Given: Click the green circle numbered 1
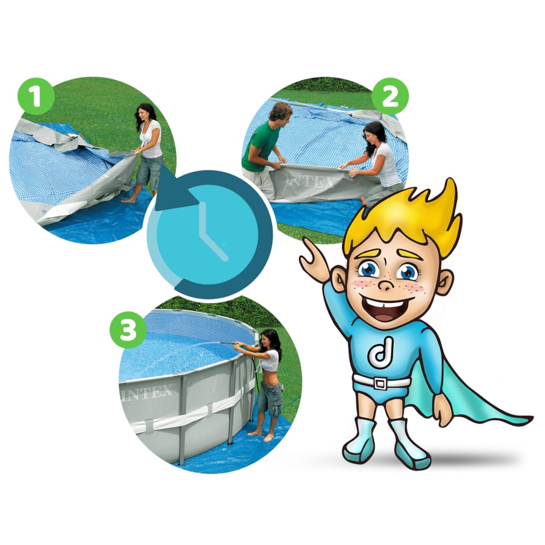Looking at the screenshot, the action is pyautogui.click(x=36, y=97).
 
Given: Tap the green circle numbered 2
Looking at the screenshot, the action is pyautogui.click(x=390, y=97).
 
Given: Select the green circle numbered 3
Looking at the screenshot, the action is pyautogui.click(x=128, y=330).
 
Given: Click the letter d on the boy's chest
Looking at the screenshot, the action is pyautogui.click(x=381, y=352).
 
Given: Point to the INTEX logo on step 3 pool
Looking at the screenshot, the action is pyautogui.click(x=148, y=394).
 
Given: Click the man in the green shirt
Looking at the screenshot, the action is pyautogui.click(x=264, y=149).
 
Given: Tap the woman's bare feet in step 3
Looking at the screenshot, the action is pyautogui.click(x=261, y=435).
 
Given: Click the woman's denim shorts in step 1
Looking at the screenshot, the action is pyautogui.click(x=149, y=171).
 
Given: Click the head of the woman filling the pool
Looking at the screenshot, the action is pyautogui.click(x=270, y=339).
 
